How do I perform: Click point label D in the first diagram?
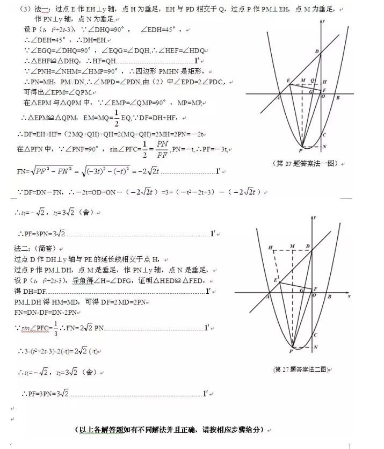pyautogui.click(x=317, y=52)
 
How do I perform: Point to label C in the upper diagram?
pyautogui.click(x=324, y=134)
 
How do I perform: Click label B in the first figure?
pyautogui.click(x=337, y=98)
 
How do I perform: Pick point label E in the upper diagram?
pyautogui.click(x=288, y=81)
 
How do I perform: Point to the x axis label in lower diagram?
pyautogui.click(x=349, y=296)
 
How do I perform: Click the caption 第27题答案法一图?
pyautogui.click(x=306, y=163)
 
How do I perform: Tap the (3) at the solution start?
pyautogui.click(x=24, y=9)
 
